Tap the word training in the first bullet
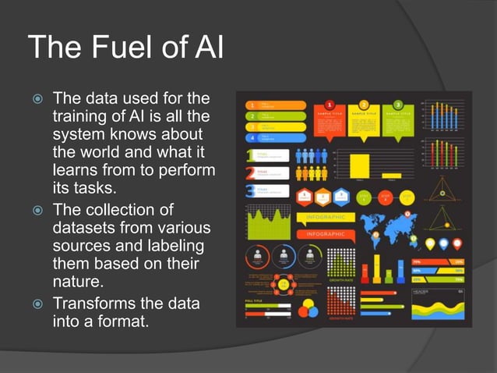79,116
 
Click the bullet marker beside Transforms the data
35,304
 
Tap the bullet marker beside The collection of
35,211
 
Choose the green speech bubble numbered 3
397,123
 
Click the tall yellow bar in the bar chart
359,165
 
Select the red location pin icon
457,244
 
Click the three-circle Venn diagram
308,307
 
